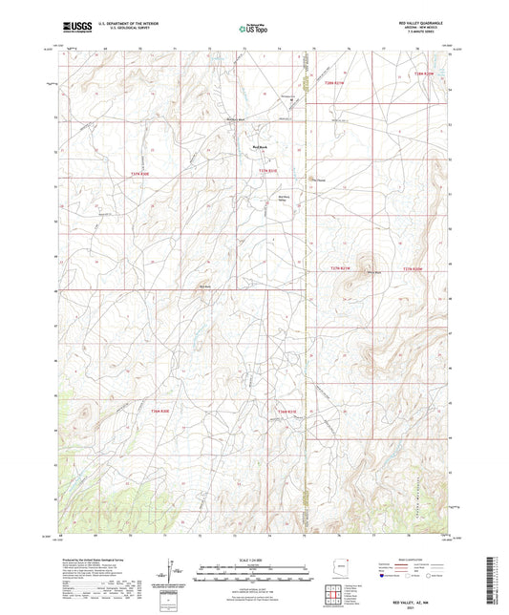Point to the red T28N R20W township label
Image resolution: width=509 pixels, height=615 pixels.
click(x=424, y=74)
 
